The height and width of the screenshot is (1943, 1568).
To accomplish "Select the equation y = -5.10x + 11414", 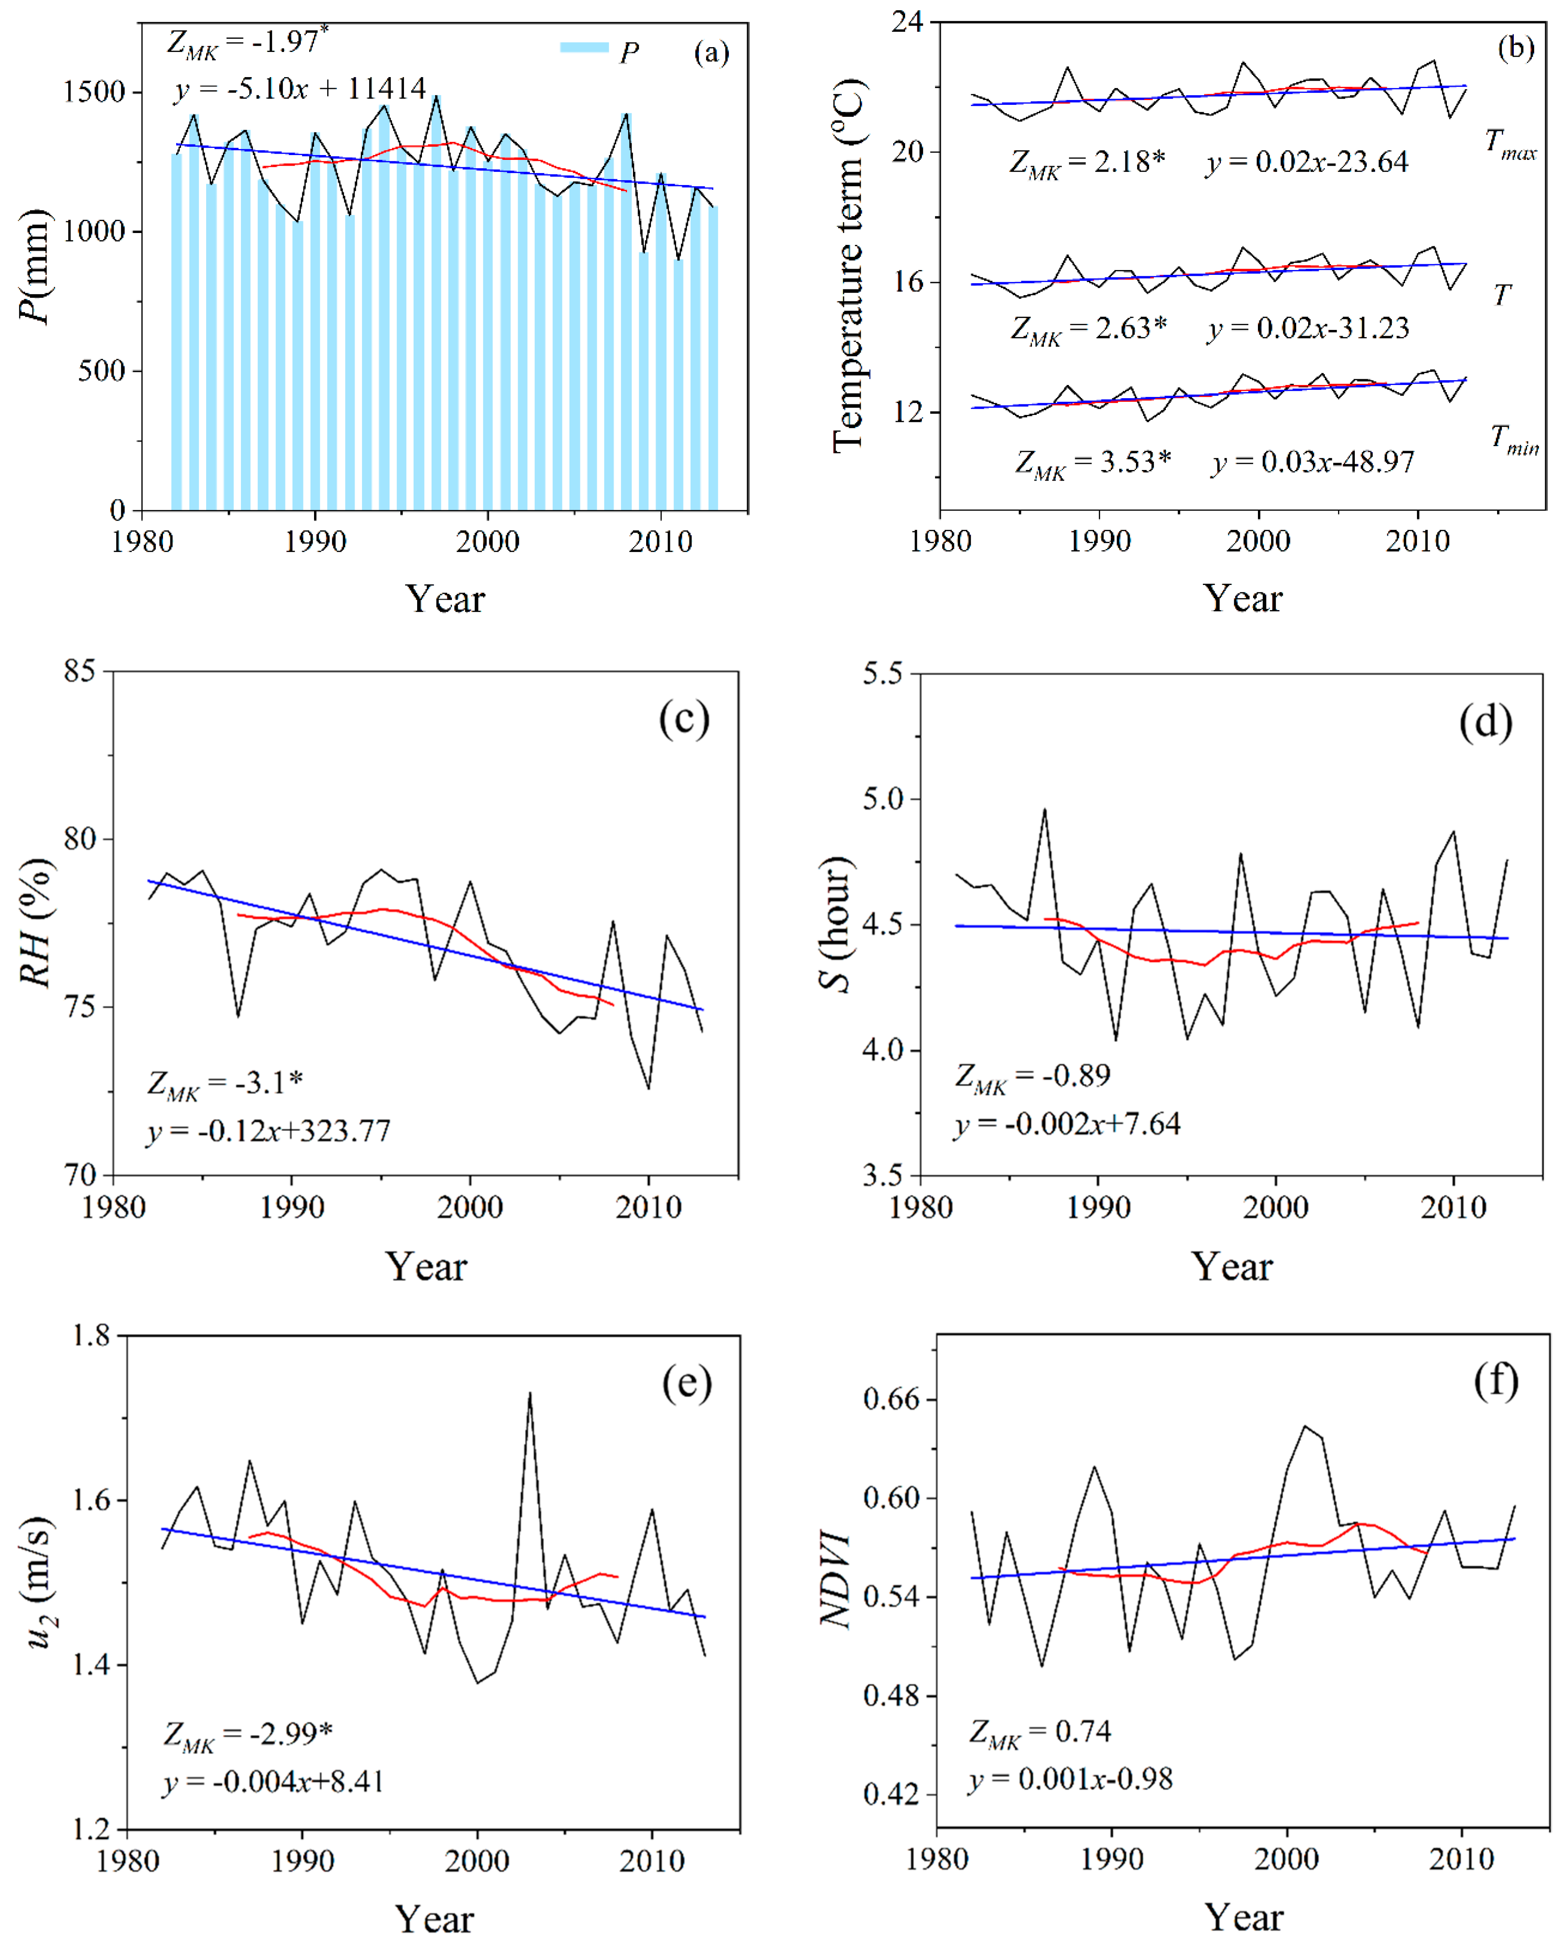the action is point(300,89).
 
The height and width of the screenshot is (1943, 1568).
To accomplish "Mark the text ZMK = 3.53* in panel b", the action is point(1093,463).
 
